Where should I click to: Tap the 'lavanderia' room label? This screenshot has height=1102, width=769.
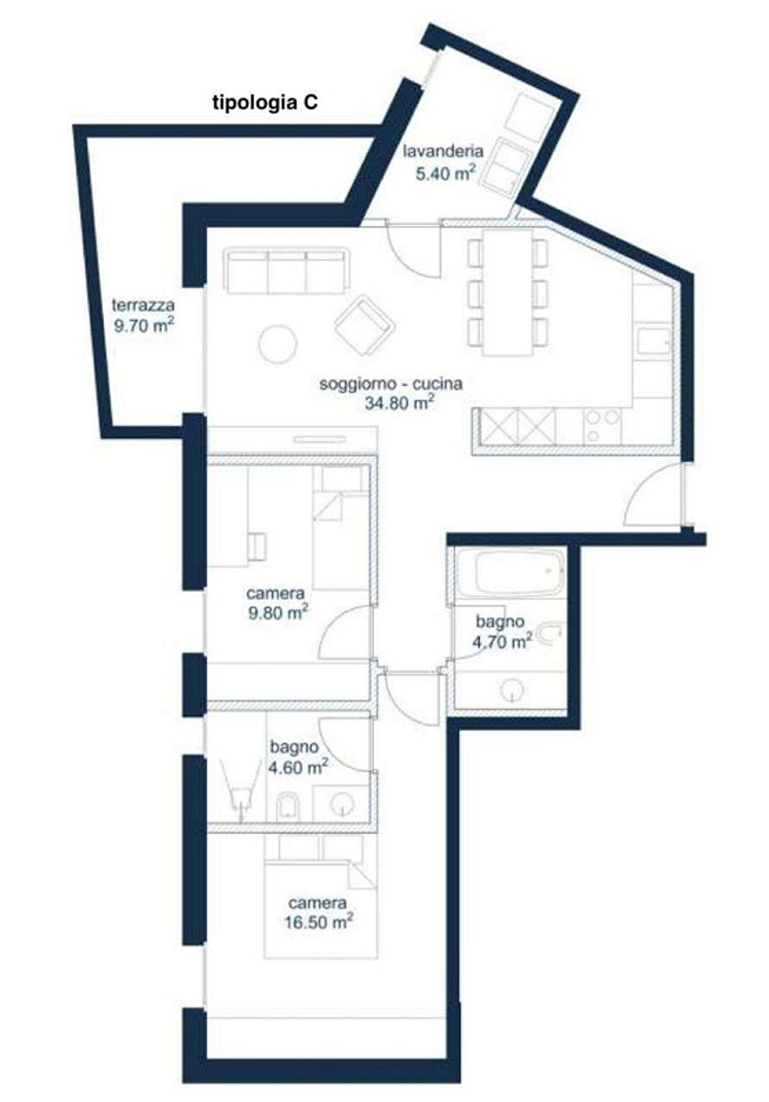(442, 152)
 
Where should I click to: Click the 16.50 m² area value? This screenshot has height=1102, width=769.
(319, 921)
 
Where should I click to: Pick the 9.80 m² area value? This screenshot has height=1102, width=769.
(277, 613)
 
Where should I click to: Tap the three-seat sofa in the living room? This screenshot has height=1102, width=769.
(288, 271)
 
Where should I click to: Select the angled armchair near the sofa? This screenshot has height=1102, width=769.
(363, 325)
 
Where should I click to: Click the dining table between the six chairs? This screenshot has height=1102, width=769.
(508, 292)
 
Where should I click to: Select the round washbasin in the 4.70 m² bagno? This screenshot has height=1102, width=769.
(512, 690)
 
